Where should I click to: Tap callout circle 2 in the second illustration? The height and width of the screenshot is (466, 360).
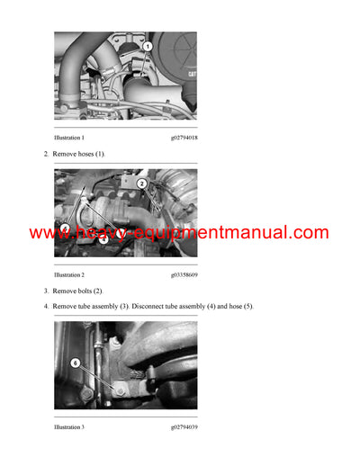[x=142, y=184]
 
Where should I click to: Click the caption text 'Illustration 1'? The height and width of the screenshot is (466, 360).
[x=69, y=137]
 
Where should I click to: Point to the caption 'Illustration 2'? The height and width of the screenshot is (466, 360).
[x=69, y=273]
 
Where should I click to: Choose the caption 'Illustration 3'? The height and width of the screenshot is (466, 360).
[x=69, y=426]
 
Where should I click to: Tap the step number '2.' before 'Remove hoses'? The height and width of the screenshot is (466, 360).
[x=47, y=154]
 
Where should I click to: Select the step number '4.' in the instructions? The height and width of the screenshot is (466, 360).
[x=47, y=307]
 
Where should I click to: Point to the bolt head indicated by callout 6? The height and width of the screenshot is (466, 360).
[x=118, y=391]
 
